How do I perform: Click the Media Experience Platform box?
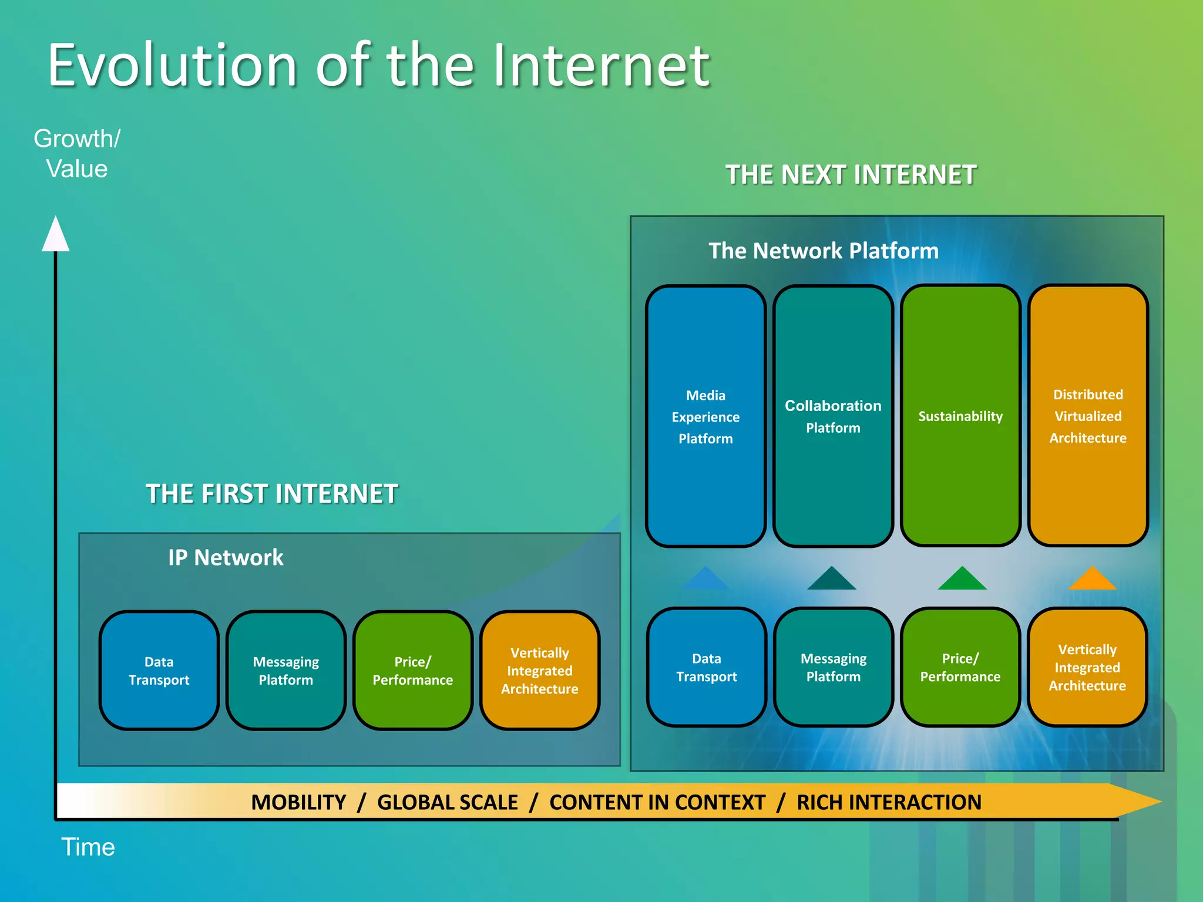[705, 416]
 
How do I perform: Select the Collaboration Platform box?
[833, 416]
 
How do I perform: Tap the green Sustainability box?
[960, 416]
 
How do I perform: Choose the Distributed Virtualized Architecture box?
[1088, 416]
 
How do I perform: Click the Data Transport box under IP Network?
[159, 671]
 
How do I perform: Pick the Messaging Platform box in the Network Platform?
[833, 668]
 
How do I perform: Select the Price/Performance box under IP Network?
[412, 671]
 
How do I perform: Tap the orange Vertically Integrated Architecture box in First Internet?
[540, 671]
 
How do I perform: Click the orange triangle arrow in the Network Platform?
[1092, 580]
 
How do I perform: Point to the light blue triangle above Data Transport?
[705, 580]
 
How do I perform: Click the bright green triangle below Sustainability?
[962, 580]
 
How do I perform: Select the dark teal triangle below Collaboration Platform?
[832, 580]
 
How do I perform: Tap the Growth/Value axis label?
[77, 154]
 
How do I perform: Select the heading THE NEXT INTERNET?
[851, 175]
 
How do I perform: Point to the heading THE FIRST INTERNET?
[271, 494]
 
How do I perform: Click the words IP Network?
[226, 557]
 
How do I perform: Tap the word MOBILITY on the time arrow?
[298, 802]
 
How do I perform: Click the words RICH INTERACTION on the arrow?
[889, 802]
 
